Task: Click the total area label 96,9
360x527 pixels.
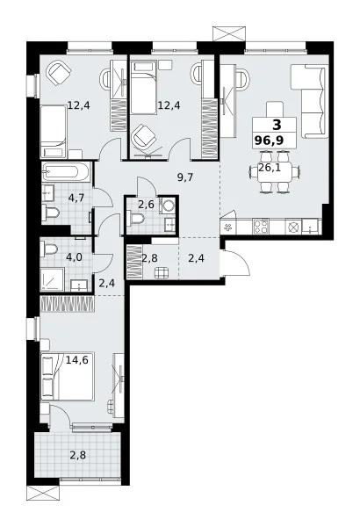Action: click(x=269, y=140)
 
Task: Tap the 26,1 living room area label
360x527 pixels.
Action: click(x=270, y=167)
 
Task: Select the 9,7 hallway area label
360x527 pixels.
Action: click(x=185, y=177)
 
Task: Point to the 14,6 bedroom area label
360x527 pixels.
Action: click(x=76, y=360)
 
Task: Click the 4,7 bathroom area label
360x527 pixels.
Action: click(x=76, y=198)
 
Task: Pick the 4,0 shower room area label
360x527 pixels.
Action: click(x=74, y=257)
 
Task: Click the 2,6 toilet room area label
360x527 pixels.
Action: click(x=147, y=204)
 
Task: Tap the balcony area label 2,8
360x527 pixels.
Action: click(x=77, y=455)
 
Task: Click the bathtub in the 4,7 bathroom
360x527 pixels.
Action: click(x=66, y=172)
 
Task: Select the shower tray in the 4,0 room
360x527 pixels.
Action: click(x=52, y=279)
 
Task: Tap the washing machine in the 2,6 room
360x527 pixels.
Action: click(x=167, y=205)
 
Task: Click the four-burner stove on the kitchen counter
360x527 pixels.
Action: click(x=261, y=227)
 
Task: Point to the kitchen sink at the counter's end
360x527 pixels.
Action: click(x=310, y=227)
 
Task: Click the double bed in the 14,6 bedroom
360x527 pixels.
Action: click(x=67, y=377)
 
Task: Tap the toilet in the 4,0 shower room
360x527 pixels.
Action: click(x=49, y=249)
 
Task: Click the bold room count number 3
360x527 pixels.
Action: click(x=277, y=126)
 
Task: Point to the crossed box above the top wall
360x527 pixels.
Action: click(x=229, y=34)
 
